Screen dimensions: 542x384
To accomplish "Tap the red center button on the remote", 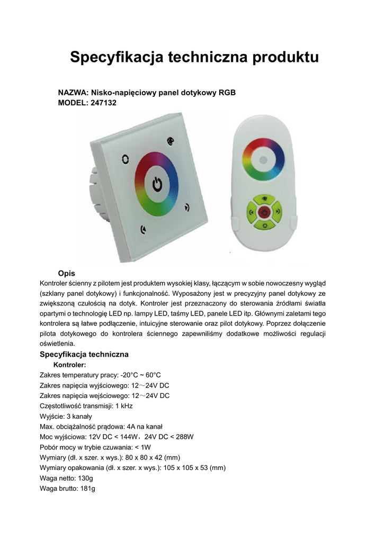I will point(264,213).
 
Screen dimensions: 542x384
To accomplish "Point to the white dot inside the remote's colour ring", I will point(263,159).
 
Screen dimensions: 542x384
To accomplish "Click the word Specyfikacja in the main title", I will point(117,57).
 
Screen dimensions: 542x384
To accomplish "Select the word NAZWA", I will point(72,93).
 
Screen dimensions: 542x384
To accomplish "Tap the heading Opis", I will point(66,273).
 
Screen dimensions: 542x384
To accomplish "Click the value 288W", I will point(184,437).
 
